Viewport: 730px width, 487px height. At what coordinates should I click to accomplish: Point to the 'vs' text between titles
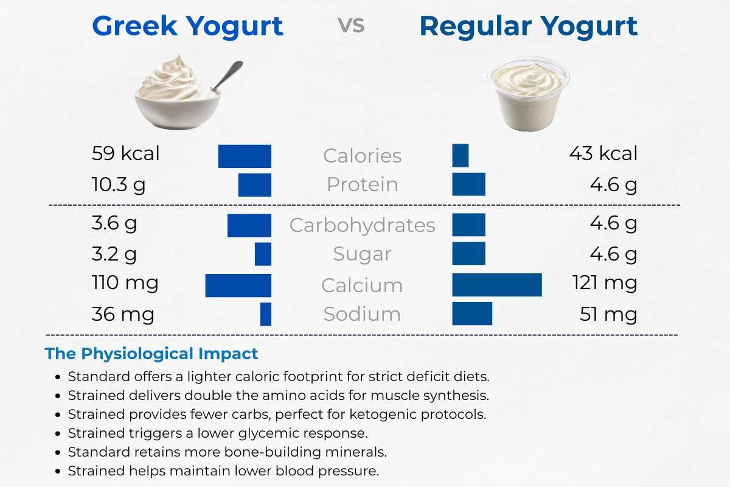(x=351, y=26)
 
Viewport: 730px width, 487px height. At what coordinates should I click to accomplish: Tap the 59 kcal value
(x=125, y=153)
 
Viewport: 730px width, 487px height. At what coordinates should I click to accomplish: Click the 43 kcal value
(x=603, y=153)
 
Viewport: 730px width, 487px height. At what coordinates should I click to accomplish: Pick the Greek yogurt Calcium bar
(x=238, y=286)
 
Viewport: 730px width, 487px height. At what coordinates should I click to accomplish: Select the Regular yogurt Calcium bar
(x=497, y=286)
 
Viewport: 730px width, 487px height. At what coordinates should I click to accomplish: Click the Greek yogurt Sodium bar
(x=266, y=314)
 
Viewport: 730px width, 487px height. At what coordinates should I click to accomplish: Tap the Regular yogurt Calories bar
(x=461, y=155)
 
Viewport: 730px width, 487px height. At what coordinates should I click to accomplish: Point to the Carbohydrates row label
(x=362, y=225)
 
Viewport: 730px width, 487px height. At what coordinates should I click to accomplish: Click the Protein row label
(x=362, y=184)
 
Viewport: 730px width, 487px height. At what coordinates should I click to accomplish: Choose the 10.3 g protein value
(x=119, y=184)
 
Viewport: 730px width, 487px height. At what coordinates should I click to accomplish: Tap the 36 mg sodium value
(x=123, y=314)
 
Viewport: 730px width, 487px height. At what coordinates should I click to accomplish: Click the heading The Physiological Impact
(x=151, y=354)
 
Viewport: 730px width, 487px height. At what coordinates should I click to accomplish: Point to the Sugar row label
(x=362, y=254)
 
